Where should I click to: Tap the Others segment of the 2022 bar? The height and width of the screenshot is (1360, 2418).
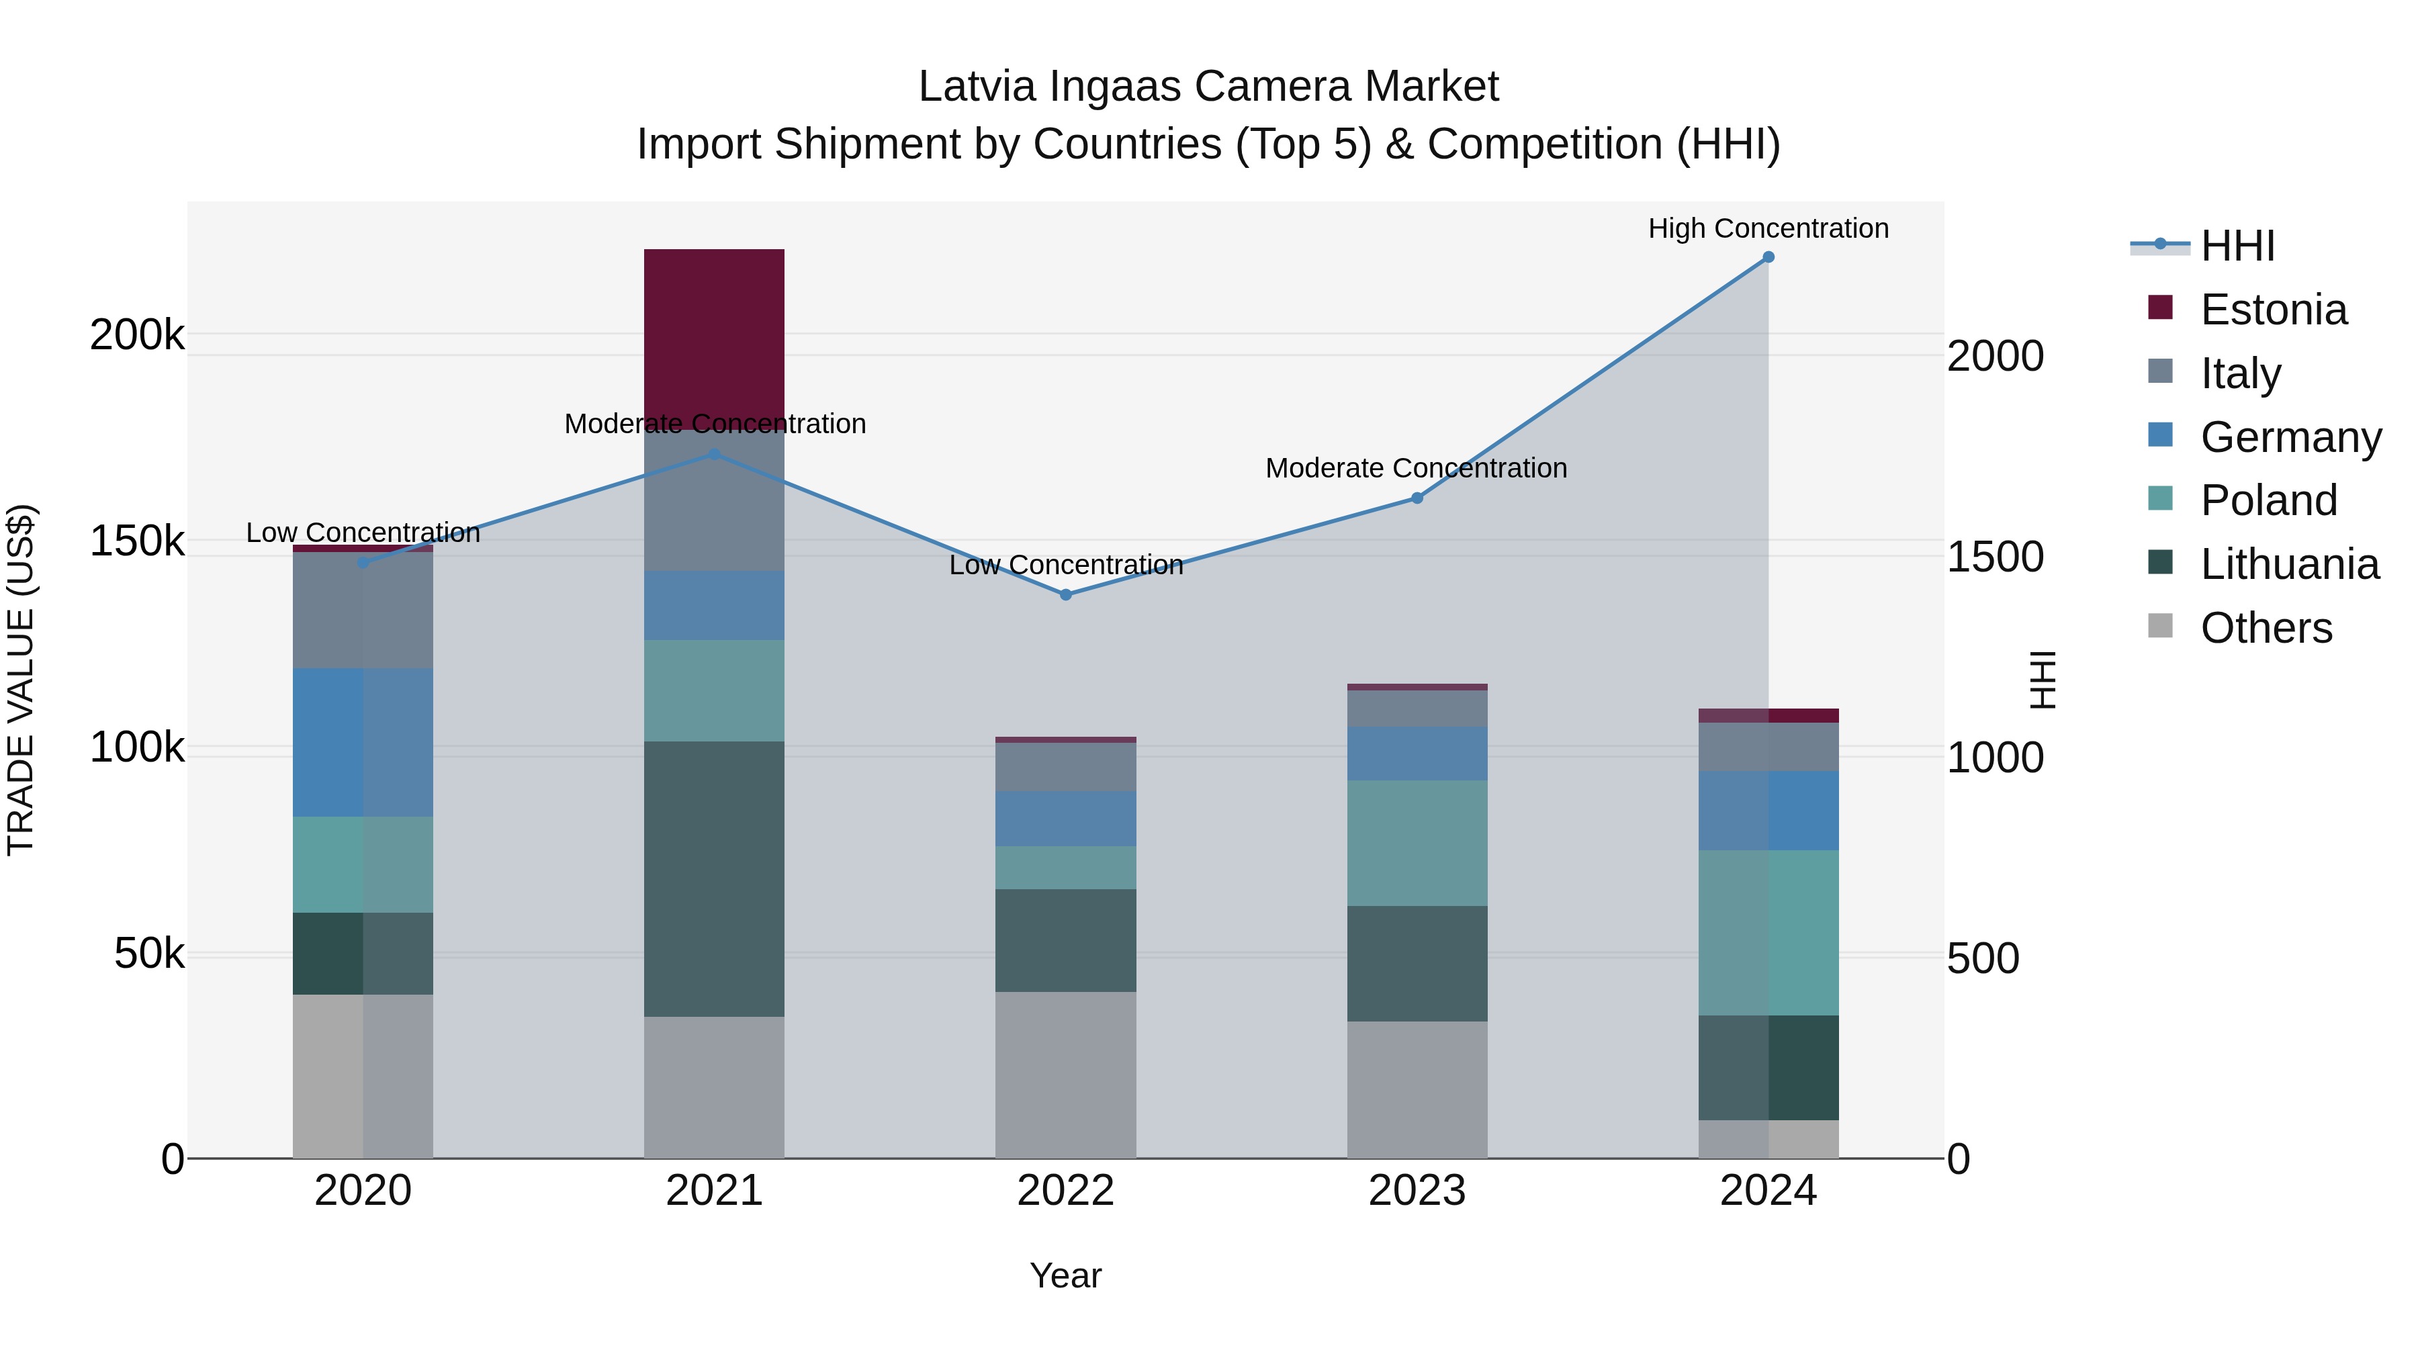click(x=1065, y=1075)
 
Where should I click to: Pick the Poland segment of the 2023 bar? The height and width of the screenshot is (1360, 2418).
click(x=1417, y=843)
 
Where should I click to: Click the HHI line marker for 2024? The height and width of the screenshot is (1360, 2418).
click(x=1768, y=257)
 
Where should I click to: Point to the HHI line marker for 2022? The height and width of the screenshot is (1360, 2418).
click(x=1065, y=595)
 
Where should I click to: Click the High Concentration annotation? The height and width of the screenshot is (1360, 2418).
click(x=1768, y=229)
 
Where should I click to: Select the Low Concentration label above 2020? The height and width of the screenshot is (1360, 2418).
click(x=363, y=533)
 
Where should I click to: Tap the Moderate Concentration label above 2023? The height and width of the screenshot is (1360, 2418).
click(x=1417, y=468)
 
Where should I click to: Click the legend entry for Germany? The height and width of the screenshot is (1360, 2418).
click(x=2290, y=437)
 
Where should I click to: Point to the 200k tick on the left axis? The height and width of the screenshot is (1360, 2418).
click(x=137, y=335)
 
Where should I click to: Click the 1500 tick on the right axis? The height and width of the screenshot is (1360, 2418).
click(x=1995, y=557)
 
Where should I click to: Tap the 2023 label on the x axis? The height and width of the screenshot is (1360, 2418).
click(x=1417, y=1191)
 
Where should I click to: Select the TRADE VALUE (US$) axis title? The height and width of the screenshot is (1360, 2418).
click(x=21, y=680)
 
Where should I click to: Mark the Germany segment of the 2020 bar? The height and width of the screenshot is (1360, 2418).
click(x=363, y=742)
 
